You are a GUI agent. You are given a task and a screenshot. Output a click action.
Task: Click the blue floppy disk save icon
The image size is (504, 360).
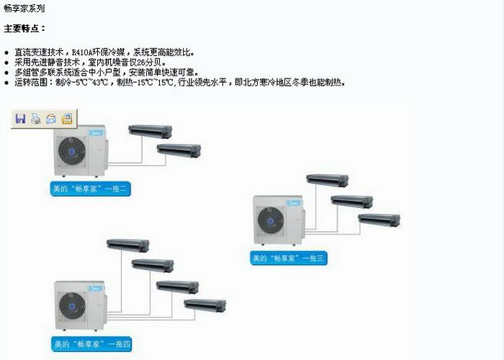[x=20, y=119]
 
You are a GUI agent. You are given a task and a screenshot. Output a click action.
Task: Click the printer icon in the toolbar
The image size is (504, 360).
[x=36, y=119]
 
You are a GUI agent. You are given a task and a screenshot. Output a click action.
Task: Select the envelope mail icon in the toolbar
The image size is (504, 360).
[x=51, y=119]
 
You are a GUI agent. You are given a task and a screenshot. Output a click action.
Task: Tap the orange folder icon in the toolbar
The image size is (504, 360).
[x=67, y=119]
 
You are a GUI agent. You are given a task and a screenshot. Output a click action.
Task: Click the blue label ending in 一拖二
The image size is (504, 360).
[x=90, y=189]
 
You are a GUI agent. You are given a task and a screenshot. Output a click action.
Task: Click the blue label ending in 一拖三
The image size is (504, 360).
[x=289, y=258]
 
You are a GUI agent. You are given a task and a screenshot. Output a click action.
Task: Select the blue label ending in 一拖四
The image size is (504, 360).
[x=91, y=344]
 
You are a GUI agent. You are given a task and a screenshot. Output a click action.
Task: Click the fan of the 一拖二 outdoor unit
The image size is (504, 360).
[x=72, y=151]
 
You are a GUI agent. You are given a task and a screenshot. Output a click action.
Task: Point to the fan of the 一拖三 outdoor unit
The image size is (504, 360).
[x=271, y=220]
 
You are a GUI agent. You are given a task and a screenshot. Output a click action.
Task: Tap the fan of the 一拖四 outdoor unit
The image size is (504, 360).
[x=72, y=306]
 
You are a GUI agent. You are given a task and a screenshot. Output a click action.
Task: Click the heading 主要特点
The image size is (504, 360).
[x=21, y=29]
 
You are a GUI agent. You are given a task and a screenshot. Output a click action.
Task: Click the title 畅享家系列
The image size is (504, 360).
[x=24, y=9]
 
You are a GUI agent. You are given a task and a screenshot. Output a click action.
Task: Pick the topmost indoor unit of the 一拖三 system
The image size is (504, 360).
[x=327, y=180]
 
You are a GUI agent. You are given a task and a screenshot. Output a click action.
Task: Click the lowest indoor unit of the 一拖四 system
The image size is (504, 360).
[x=205, y=305]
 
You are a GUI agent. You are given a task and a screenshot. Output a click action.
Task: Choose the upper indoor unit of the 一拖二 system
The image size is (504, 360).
[x=150, y=132]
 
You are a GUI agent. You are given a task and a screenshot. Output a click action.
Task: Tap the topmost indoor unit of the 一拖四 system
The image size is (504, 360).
[x=128, y=246]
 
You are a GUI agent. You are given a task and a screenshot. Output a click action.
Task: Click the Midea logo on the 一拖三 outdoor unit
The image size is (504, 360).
[x=294, y=203]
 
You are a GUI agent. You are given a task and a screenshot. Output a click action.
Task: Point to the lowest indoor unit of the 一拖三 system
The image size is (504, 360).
[x=379, y=220]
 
